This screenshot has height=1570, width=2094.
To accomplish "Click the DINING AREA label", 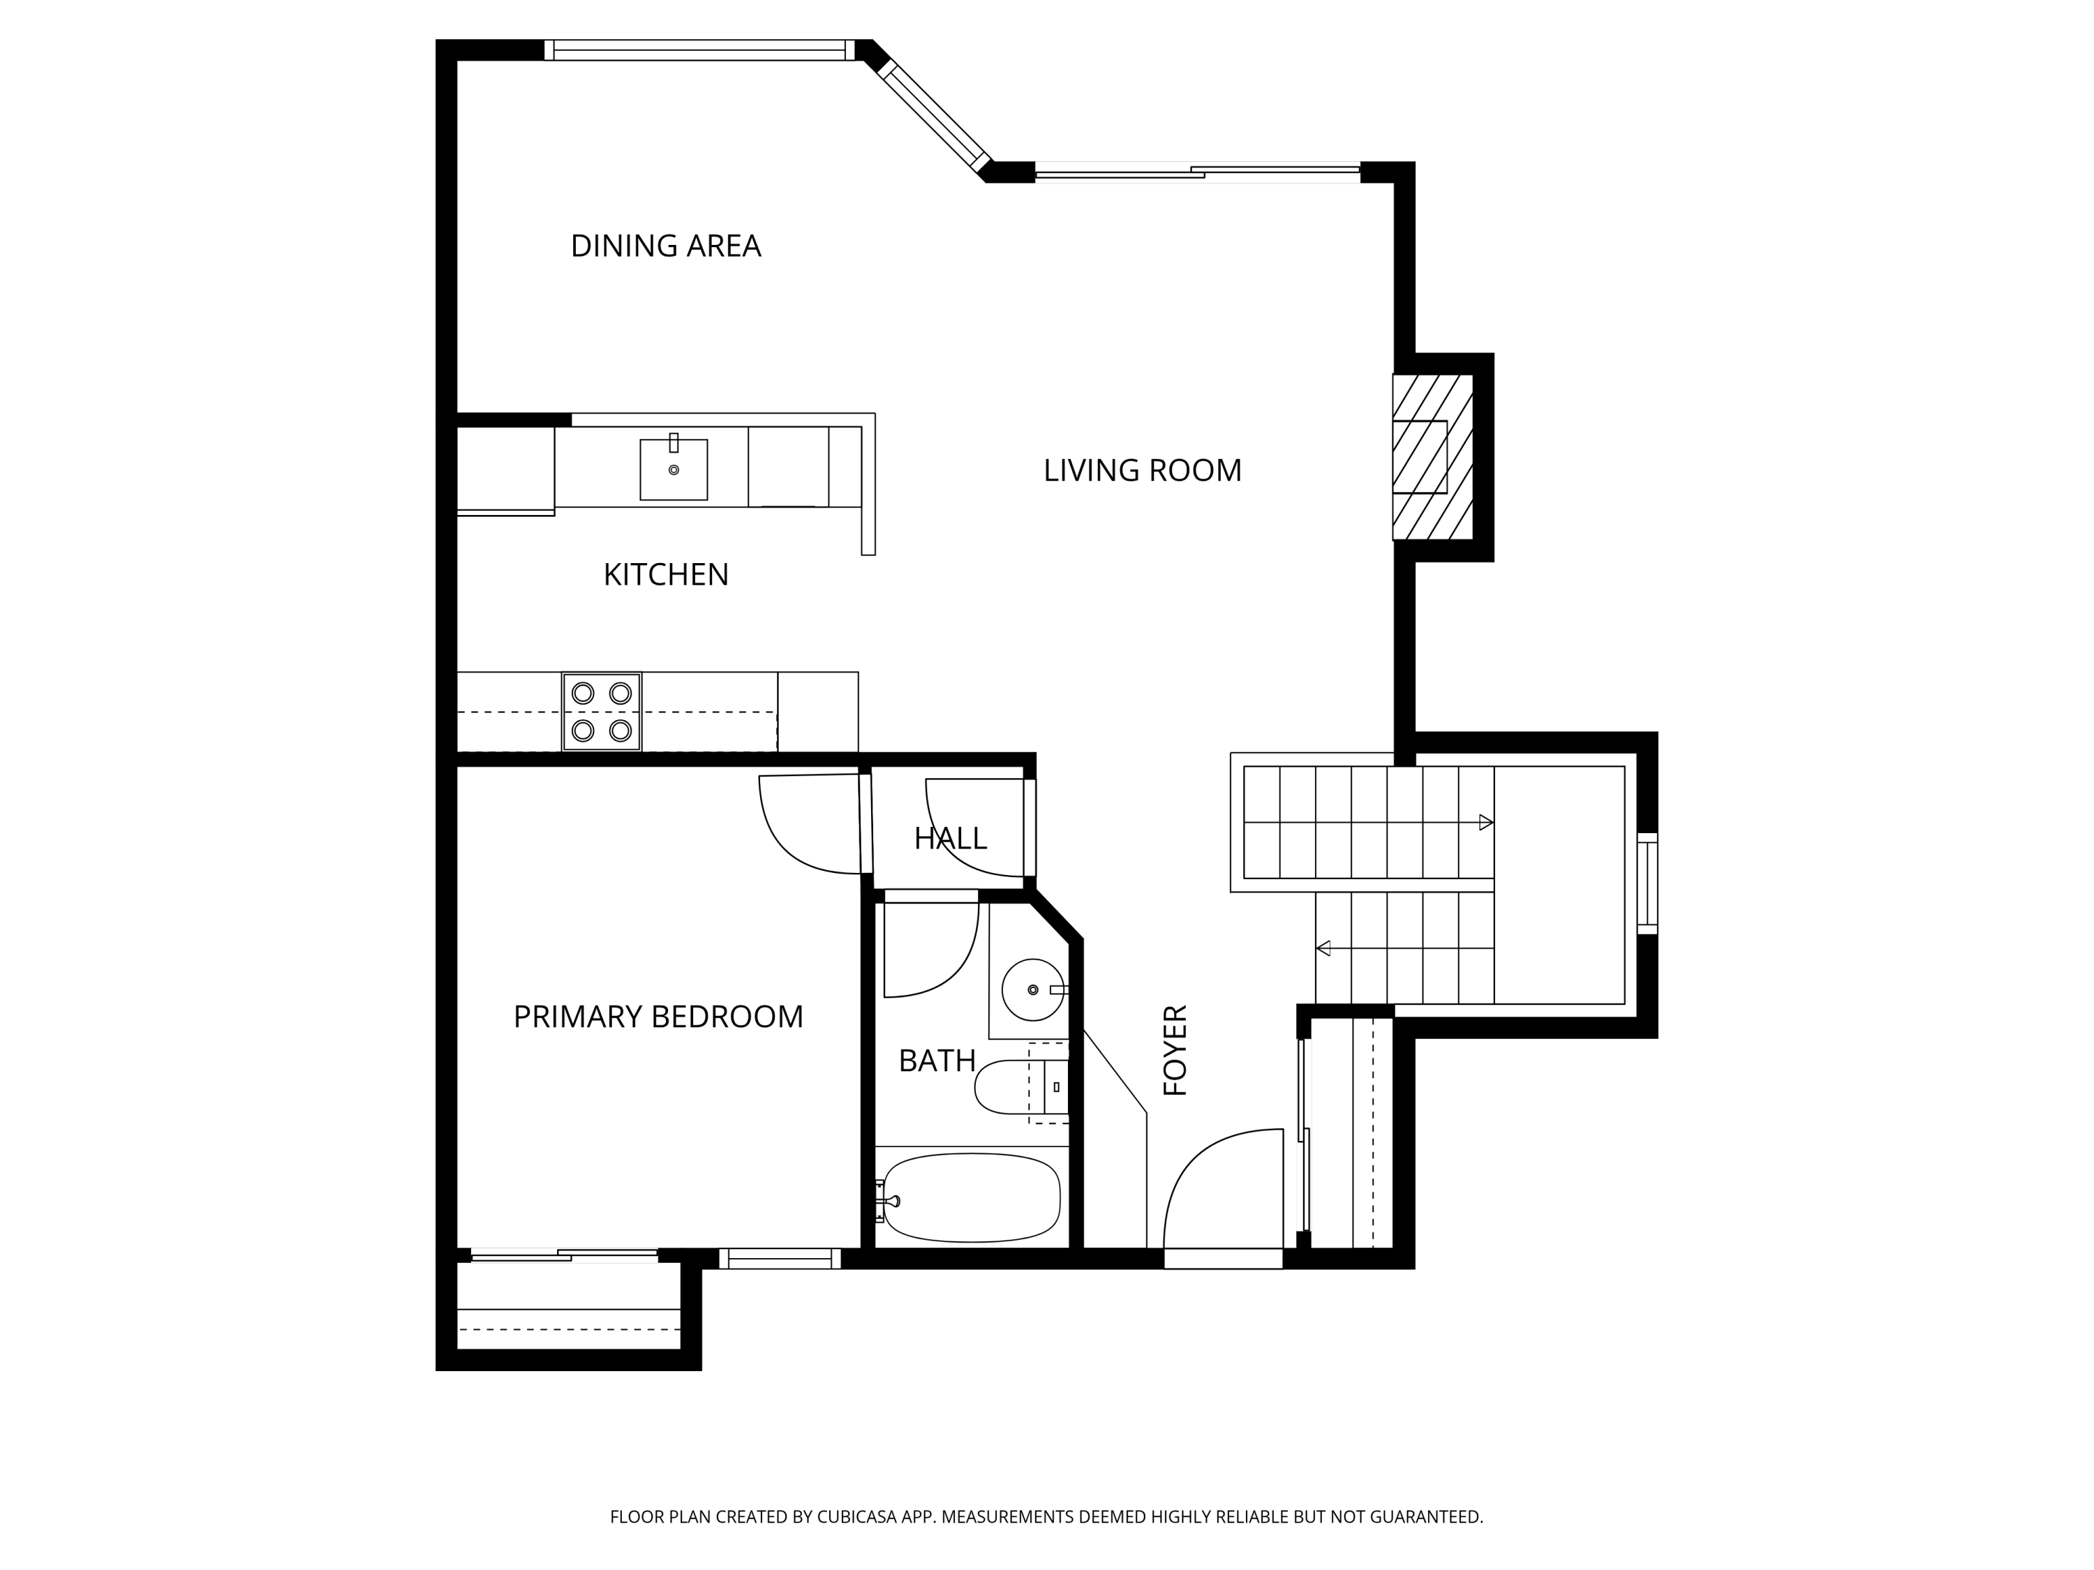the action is coord(665,246).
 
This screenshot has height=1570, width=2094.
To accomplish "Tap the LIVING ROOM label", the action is coord(1142,470).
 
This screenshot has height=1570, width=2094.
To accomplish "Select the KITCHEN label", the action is coord(665,574).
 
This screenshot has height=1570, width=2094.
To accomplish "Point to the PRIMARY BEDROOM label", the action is coord(658,1017).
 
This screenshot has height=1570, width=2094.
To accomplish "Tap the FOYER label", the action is coord(1175,1050).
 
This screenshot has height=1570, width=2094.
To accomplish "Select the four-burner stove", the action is coord(602,712).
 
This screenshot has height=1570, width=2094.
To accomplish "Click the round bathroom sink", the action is coord(1033,990).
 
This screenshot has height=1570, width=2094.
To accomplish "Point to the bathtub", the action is coord(972,1197).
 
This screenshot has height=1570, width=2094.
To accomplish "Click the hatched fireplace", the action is coord(1433,457).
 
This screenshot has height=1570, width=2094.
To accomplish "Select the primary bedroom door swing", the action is coord(810,824).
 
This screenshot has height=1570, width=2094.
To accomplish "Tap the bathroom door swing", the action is coord(930,949).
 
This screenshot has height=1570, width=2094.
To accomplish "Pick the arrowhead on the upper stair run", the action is coord(1486,823).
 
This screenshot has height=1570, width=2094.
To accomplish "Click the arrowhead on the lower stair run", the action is coord(1323,948).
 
